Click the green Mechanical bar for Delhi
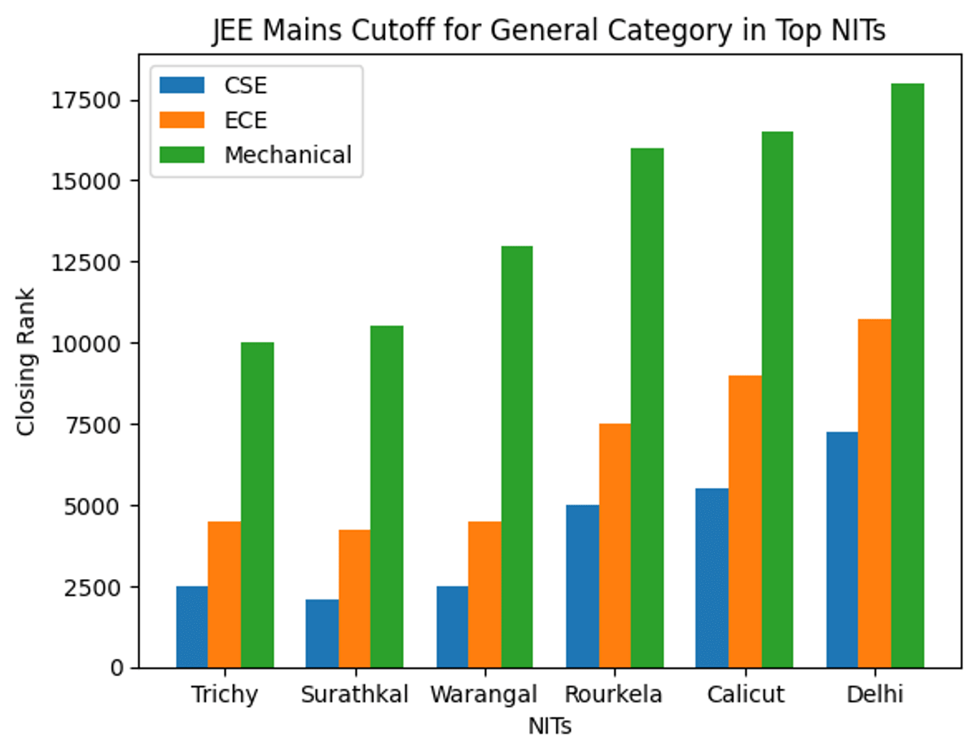pyautogui.click(x=907, y=375)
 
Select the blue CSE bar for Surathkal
pyautogui.click(x=322, y=634)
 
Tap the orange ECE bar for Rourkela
pyautogui.click(x=615, y=546)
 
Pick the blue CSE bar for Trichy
pyautogui.click(x=192, y=627)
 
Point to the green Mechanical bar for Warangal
pyautogui.click(x=517, y=457)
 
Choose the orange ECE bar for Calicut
pyautogui.click(x=745, y=521)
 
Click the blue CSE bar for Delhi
pyautogui.click(x=842, y=550)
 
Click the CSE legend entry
pyautogui.click(x=244, y=86)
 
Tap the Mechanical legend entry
pyautogui.click(x=287, y=155)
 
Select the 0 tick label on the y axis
pyautogui.click(x=117, y=668)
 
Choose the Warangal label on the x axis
pyautogui.click(x=484, y=695)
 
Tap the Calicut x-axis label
pyautogui.click(x=745, y=695)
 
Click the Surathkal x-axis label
pyautogui.click(x=354, y=695)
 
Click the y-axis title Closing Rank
pyautogui.click(x=26, y=361)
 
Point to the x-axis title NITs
pyautogui.click(x=550, y=726)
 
